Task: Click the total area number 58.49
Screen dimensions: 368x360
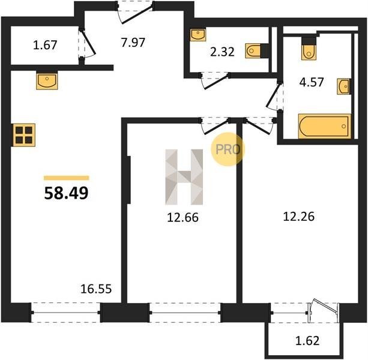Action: coord(66,193)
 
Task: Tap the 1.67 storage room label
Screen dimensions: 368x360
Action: coord(45,45)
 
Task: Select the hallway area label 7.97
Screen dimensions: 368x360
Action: coord(133,43)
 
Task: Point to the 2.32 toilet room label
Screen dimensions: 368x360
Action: coord(222,52)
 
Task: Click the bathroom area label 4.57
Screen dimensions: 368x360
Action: coord(312,82)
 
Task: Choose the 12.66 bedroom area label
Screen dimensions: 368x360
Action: coord(183,217)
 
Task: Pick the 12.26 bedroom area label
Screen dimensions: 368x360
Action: coord(299,217)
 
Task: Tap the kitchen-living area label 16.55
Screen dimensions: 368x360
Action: coord(96,289)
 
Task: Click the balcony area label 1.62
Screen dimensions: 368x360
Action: coord(307,341)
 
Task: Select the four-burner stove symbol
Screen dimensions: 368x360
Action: coord(24,135)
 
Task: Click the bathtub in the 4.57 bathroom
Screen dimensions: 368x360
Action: coord(325,126)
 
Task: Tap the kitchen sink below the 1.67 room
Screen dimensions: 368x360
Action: coord(47,81)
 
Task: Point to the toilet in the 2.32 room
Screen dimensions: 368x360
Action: coord(253,50)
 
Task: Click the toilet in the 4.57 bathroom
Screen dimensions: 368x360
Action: coord(309,52)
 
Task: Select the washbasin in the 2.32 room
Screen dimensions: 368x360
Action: coord(198,35)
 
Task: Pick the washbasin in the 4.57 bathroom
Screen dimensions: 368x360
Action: coord(343,87)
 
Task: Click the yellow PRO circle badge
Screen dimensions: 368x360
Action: coord(228,149)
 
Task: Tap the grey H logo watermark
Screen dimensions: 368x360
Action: coord(184,177)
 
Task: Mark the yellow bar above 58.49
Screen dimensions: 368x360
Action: coord(67,178)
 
